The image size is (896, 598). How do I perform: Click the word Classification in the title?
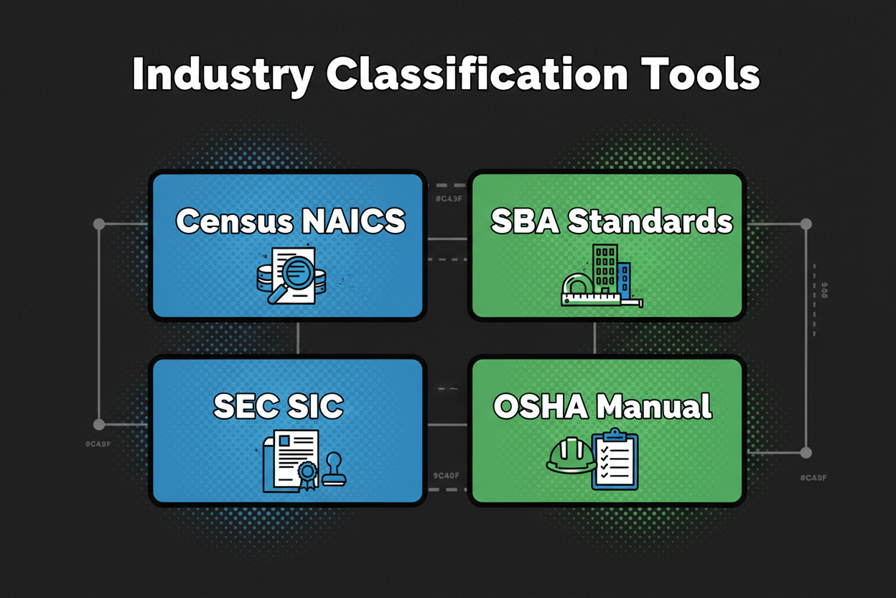(476, 74)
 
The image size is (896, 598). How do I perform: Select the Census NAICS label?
(291, 221)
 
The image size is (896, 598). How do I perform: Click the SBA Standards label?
(612, 221)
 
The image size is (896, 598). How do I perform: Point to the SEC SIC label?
(279, 406)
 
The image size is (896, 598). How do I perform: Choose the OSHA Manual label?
(602, 407)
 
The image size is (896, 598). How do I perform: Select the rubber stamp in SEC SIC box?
(334, 471)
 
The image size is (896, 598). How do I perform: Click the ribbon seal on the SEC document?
(307, 474)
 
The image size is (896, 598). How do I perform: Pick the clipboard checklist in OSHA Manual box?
(615, 460)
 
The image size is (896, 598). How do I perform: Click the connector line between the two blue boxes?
(297, 338)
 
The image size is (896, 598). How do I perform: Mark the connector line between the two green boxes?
(596, 338)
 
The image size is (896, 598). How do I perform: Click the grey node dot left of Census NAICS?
(99, 224)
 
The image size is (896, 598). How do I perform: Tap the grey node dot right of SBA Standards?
(806, 224)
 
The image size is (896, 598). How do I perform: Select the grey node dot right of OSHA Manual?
(806, 453)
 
